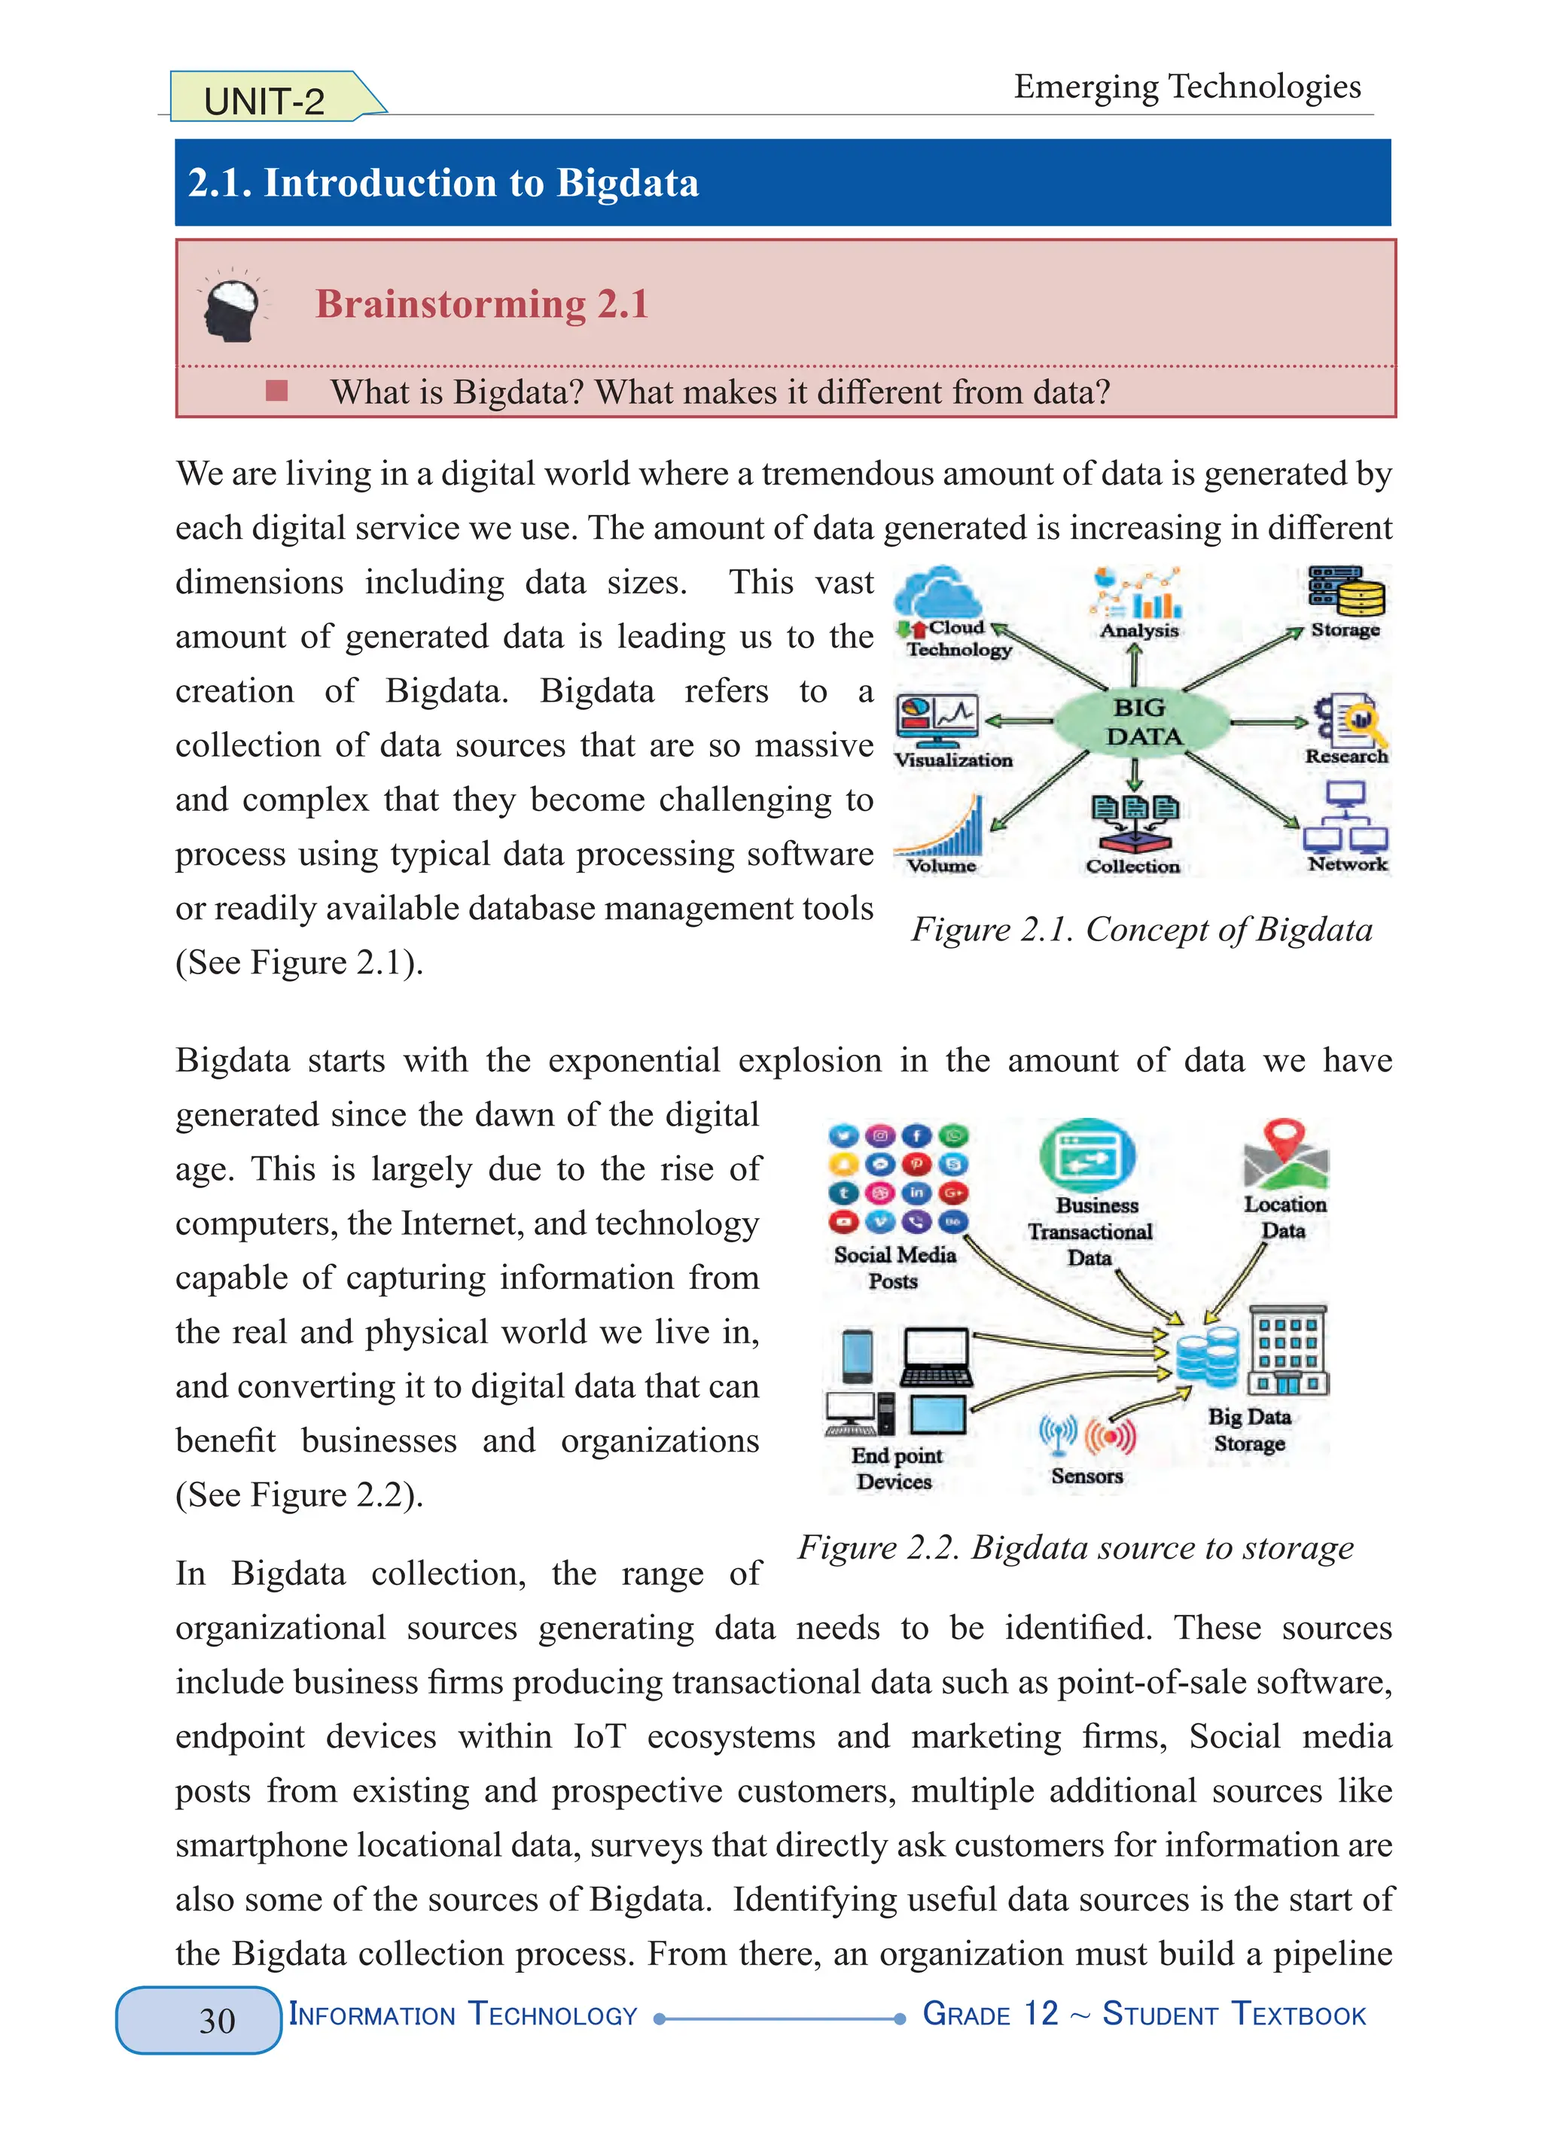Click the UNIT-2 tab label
265,101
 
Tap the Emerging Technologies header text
1187,87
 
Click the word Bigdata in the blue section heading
627,183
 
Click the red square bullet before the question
276,391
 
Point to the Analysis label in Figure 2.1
1138,630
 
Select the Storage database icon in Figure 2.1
1347,590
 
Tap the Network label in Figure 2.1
1347,864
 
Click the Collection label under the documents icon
1132,866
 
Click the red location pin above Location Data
1284,1138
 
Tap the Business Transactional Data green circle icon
1086,1154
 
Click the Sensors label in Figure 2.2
1086,1476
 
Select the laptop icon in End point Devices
936,1357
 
